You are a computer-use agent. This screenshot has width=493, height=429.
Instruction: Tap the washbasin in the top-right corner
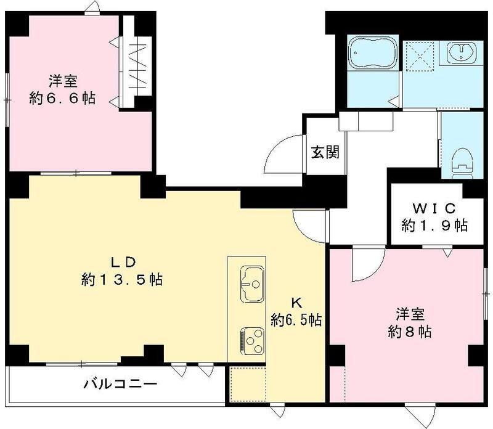[460, 54]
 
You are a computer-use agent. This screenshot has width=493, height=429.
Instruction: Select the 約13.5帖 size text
[121, 280]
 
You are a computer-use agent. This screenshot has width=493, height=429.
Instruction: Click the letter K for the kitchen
[296, 303]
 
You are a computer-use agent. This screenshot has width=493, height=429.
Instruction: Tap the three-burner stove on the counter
[251, 338]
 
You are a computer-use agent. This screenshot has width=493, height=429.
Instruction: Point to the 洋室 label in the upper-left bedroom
[62, 80]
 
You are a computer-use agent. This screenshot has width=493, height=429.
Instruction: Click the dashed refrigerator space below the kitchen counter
[246, 385]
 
